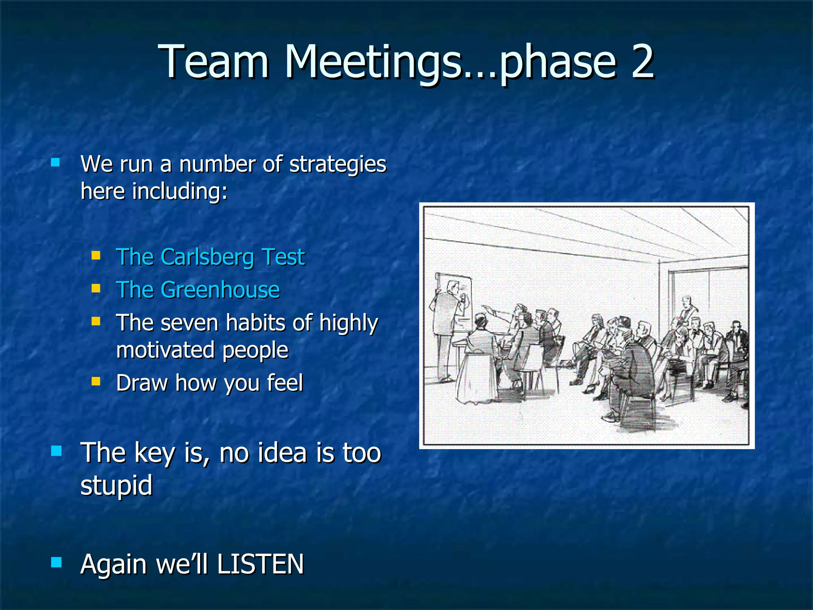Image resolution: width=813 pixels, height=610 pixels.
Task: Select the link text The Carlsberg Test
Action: click(x=210, y=257)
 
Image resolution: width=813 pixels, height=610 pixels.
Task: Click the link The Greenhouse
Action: click(x=198, y=290)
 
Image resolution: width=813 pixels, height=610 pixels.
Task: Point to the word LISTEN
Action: click(x=260, y=564)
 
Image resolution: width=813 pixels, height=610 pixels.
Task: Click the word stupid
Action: click(x=116, y=485)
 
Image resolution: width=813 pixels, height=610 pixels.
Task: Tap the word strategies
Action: click(x=337, y=164)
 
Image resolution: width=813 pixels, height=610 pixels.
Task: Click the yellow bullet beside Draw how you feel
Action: click(x=96, y=382)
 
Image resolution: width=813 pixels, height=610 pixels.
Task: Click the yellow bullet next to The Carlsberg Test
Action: click(x=96, y=255)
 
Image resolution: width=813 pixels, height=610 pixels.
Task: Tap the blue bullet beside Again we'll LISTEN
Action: click(x=57, y=562)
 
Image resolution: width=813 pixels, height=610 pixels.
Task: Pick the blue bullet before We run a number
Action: click(x=56, y=162)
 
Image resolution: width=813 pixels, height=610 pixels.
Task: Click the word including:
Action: click(x=180, y=191)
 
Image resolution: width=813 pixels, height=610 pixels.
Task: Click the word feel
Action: click(x=285, y=383)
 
